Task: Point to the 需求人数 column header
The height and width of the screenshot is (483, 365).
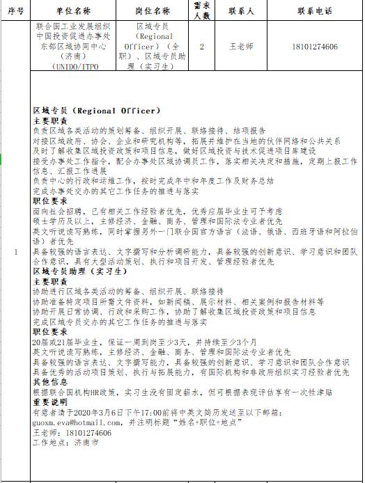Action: tap(201, 11)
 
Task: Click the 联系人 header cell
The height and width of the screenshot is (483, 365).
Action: tap(241, 12)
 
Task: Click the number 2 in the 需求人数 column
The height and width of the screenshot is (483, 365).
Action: tap(201, 47)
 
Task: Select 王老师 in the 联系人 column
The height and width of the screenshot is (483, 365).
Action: tap(241, 47)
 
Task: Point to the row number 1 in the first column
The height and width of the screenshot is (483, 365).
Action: tap(16, 252)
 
